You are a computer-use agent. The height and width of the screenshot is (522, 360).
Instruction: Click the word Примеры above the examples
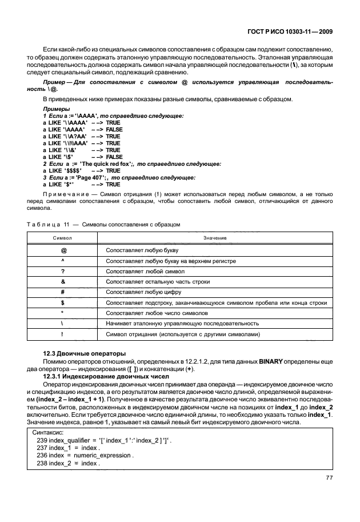57,109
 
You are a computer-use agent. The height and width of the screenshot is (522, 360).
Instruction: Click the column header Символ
62,237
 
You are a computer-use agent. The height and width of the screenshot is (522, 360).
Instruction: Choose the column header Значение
214,237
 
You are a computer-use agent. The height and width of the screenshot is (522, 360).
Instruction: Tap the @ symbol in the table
62,250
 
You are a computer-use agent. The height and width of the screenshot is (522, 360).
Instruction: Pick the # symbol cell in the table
62,292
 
